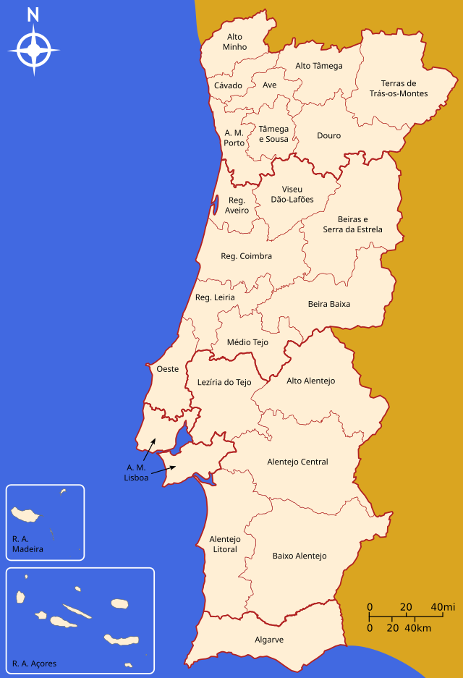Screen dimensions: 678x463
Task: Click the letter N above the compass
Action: pos(33,14)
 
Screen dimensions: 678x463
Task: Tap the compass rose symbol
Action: pos(33,50)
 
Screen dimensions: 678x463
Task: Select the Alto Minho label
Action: pos(234,41)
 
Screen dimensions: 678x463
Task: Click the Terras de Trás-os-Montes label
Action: pos(399,88)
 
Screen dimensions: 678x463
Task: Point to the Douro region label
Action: pos(328,135)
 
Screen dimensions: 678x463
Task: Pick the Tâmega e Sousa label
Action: pos(273,134)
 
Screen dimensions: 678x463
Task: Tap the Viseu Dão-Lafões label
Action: pos(292,194)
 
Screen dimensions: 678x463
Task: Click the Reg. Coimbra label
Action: pos(246,256)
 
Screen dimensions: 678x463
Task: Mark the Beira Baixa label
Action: pos(328,304)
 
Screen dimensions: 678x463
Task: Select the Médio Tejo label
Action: pos(247,342)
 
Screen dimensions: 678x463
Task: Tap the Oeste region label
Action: pos(167,369)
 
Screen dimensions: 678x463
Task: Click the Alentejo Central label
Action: pos(297,462)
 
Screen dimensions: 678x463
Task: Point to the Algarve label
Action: pos(269,640)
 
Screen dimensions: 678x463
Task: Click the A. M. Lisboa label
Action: pos(137,473)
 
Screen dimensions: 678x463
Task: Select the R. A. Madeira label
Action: pos(27,543)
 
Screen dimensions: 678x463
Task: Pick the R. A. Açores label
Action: pos(34,664)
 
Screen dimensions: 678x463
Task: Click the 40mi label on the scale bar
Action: pos(442,606)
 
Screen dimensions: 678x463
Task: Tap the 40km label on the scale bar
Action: pos(417,628)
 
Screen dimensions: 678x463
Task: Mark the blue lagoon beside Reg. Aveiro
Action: pos(215,205)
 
